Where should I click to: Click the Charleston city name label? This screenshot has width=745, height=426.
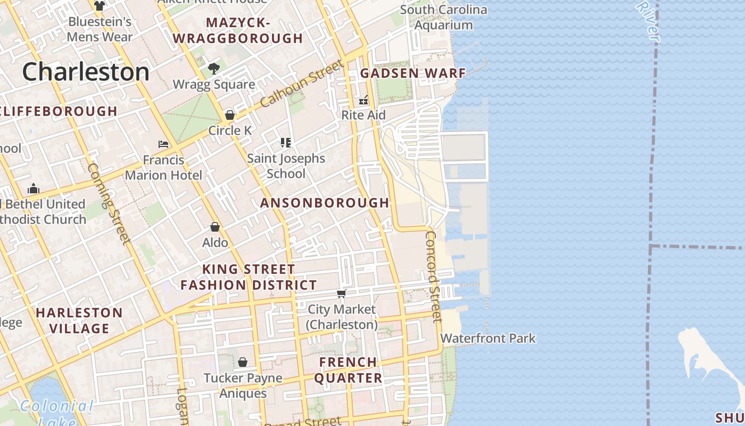[86, 72]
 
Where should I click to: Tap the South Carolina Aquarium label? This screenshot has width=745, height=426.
[443, 17]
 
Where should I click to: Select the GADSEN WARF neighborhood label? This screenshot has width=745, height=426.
[413, 73]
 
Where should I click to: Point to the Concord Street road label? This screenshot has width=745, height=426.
[434, 276]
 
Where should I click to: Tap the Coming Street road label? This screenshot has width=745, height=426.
[109, 203]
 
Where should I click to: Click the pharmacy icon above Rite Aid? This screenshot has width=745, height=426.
[364, 100]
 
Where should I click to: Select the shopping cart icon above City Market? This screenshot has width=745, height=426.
[342, 293]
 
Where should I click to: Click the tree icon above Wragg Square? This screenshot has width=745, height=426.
[214, 68]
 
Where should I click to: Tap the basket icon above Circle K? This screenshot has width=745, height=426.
[230, 114]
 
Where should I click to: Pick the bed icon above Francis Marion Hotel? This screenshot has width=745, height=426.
[163, 144]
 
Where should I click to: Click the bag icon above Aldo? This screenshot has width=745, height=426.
[215, 227]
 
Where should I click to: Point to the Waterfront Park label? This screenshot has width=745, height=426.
[487, 338]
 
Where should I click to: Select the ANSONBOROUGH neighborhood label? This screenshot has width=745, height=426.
[325, 202]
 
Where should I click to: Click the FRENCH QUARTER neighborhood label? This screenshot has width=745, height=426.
[348, 370]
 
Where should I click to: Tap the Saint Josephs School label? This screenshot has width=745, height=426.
[286, 166]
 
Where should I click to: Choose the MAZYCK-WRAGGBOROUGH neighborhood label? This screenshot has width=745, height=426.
[238, 30]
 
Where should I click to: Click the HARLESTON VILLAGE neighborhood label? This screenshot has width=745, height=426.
[79, 320]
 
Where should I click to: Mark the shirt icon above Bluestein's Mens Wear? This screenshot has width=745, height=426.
[100, 6]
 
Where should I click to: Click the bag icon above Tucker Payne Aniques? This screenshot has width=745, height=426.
[243, 362]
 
